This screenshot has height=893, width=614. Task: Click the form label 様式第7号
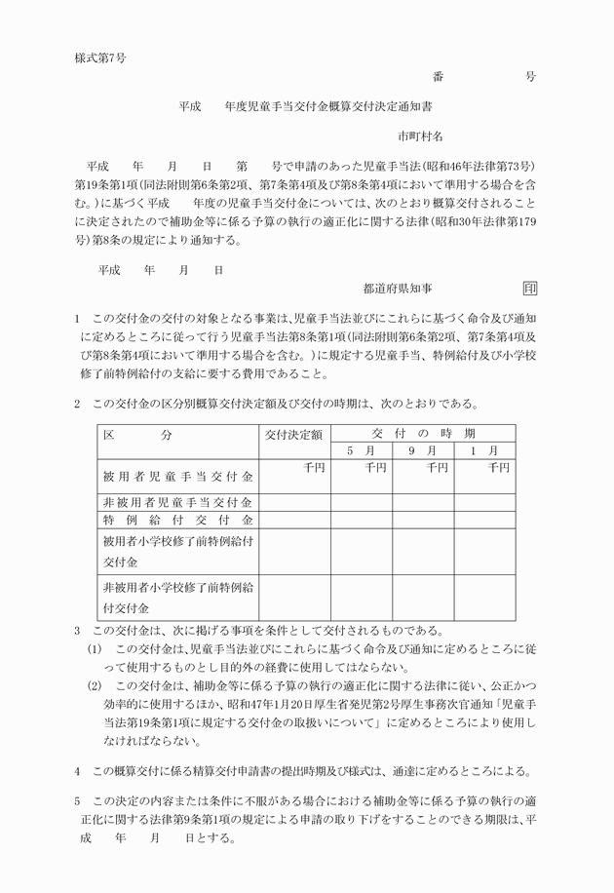pos(99,58)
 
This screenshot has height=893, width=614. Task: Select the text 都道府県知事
pos(398,289)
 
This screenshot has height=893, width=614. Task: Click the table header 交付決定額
pos(293,435)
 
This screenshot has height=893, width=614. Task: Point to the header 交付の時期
pos(424,433)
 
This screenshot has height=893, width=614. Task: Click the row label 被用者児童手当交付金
pos(177,478)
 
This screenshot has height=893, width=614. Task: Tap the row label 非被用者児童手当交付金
pos(177,503)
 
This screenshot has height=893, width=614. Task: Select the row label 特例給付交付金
pos(177,522)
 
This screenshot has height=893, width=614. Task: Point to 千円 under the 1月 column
pos(499,468)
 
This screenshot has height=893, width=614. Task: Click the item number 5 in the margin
pos(77,801)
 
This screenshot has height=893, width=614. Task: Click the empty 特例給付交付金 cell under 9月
pos(423,522)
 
